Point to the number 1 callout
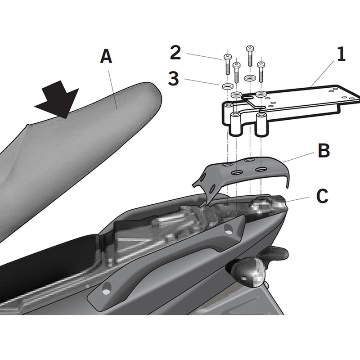[x=341, y=55]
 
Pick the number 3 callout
[x=173, y=79]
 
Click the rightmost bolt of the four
[x=261, y=71]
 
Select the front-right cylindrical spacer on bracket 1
[x=260, y=125]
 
